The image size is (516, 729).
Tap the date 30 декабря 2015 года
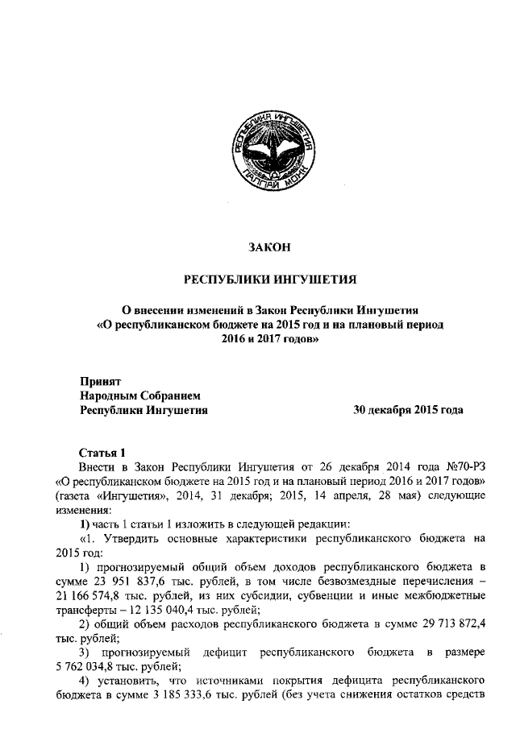(408, 410)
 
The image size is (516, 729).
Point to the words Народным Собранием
(138, 395)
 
